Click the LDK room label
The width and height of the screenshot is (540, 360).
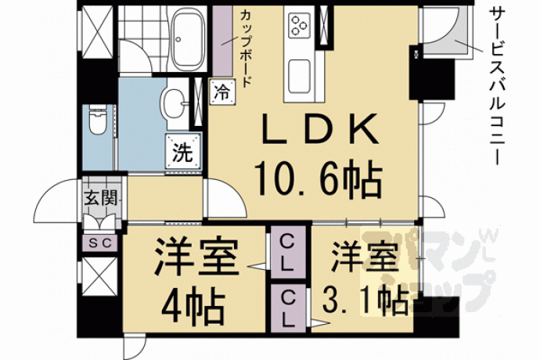click(319, 129)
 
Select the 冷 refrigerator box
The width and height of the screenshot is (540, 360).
click(222, 92)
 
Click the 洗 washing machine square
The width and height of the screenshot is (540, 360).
click(183, 151)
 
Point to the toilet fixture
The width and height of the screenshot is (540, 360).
click(98, 120)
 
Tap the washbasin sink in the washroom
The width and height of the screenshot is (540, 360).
click(175, 103)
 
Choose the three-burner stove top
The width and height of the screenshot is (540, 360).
click(299, 24)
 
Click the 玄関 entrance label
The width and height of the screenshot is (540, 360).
click(101, 198)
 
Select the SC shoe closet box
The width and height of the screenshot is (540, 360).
click(100, 243)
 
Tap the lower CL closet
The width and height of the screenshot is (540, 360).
click(288, 308)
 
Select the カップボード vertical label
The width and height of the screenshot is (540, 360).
click(246, 49)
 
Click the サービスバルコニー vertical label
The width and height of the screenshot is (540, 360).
click(497, 86)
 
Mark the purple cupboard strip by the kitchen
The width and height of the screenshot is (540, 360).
click(222, 41)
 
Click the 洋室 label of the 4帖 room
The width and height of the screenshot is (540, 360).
click(196, 256)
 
